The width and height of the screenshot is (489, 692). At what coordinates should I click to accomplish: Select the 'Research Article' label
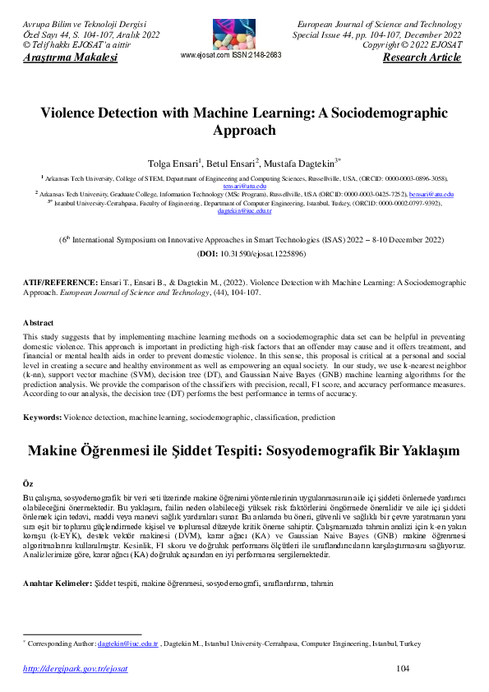tap(422, 58)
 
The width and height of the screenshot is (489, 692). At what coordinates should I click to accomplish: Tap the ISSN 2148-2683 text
tap(257, 55)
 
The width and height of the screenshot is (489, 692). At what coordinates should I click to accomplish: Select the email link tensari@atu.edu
tap(245, 187)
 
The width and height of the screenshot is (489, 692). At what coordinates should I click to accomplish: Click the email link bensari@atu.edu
tap(431, 194)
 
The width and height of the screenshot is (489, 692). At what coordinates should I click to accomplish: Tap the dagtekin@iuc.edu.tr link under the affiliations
tap(245, 211)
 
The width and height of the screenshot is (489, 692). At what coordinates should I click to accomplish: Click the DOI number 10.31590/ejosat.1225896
tap(256, 255)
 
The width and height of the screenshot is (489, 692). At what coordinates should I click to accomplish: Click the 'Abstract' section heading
tap(38, 323)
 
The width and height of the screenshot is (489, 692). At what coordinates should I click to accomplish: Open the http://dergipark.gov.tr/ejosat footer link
tap(75, 669)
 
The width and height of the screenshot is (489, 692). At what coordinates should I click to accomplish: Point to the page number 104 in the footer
tap(403, 669)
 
